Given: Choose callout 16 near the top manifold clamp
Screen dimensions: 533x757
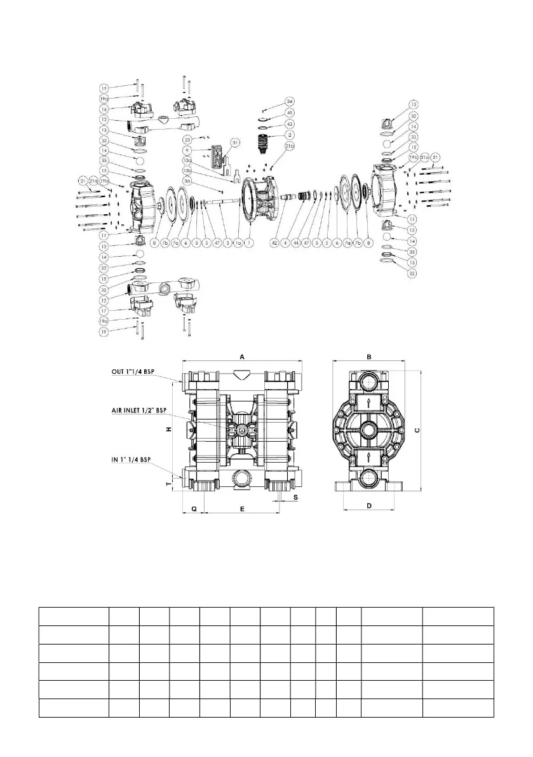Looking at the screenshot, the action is click(x=104, y=109).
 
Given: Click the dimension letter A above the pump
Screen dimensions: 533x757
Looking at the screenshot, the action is click(x=242, y=357).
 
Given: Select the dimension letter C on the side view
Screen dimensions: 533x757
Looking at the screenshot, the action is click(x=417, y=430).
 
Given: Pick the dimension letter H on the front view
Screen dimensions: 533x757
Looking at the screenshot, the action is click(x=168, y=429).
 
